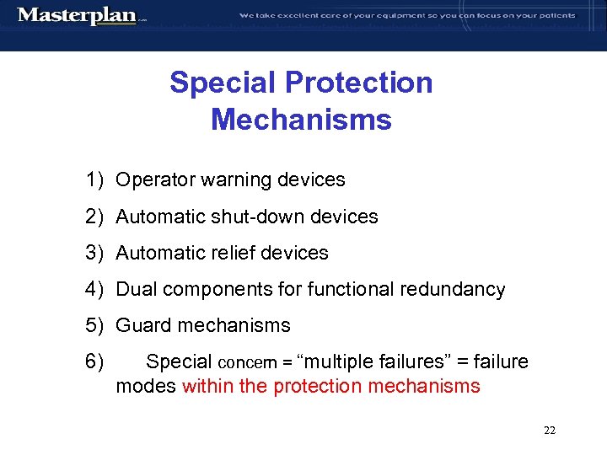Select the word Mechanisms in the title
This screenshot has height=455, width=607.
pyautogui.click(x=301, y=119)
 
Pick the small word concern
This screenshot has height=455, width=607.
pyautogui.click(x=246, y=363)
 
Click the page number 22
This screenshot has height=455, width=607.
pyautogui.click(x=550, y=431)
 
